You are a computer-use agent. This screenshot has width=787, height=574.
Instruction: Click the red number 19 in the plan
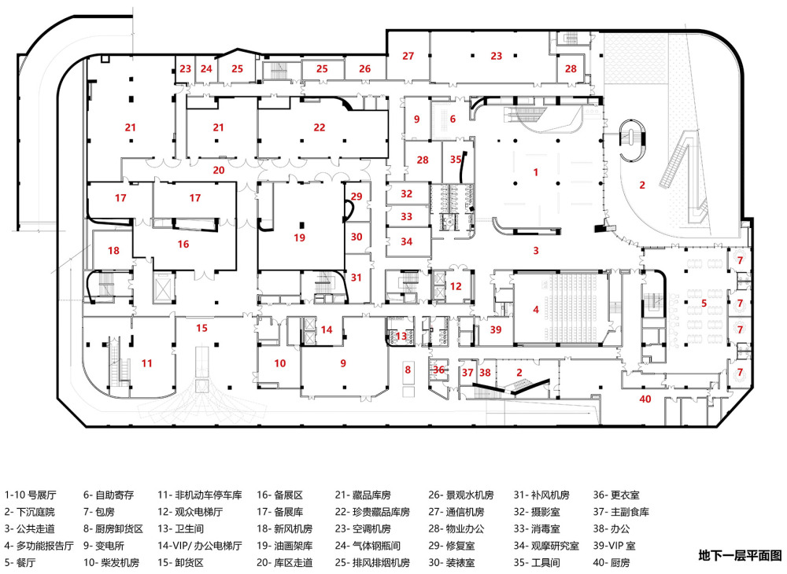coord(299,237)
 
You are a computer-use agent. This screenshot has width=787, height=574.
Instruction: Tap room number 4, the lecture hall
coord(536,309)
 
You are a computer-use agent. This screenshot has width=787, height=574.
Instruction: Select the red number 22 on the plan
coord(319,127)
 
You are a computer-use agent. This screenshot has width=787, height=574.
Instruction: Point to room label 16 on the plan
coord(183,245)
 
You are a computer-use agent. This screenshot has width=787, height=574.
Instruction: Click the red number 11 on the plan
coord(146,362)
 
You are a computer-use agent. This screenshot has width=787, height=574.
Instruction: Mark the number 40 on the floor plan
coord(646,399)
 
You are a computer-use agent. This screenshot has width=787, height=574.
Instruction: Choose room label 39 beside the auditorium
coord(495,329)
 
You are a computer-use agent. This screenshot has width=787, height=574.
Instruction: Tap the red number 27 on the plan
coord(408,56)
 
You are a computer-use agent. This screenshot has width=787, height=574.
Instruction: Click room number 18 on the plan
coord(114,251)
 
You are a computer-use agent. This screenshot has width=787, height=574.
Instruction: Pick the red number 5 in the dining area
coord(704,302)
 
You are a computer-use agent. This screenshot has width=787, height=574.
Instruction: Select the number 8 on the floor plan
coord(408,369)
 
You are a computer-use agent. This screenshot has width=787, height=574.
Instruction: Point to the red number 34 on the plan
coord(406,241)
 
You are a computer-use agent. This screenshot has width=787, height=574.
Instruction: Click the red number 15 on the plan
coord(202,327)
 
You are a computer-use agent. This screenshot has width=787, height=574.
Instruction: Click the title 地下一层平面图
coord(740,556)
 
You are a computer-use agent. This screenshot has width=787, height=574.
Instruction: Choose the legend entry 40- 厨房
coord(611,563)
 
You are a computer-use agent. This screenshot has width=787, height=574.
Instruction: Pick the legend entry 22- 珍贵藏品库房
coord(372,512)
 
